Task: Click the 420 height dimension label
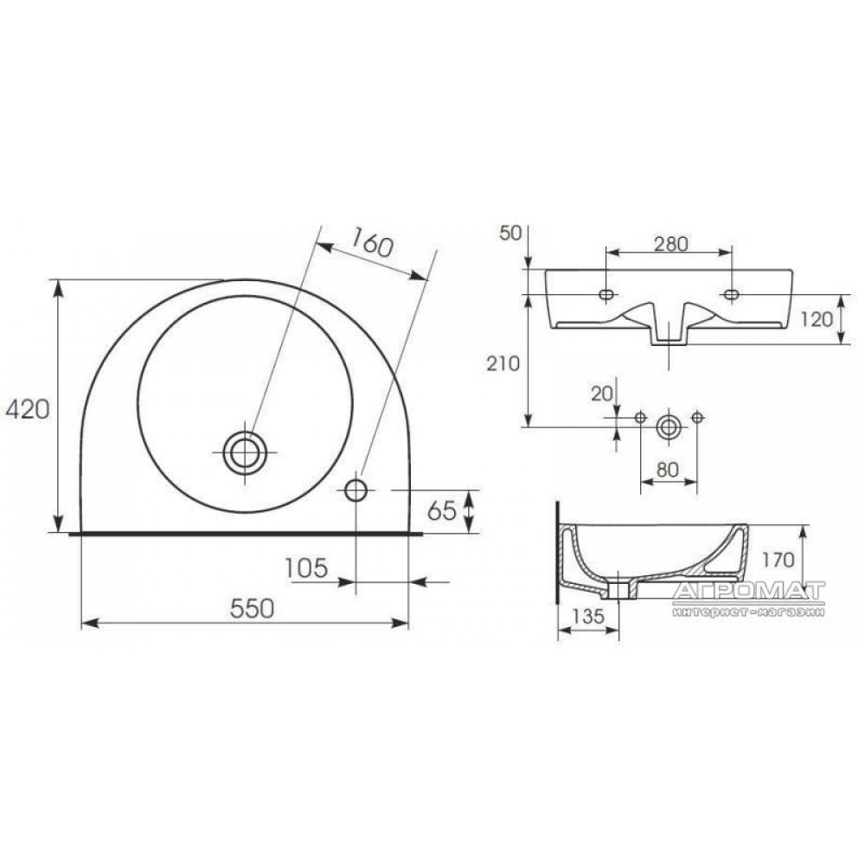coord(28,409)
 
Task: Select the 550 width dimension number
coord(252,608)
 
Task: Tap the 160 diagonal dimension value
coord(371,243)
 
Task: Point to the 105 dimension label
coord(307,567)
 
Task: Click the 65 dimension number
coord(442,511)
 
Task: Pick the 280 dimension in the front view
coord(671,243)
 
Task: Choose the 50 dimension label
coord(510,233)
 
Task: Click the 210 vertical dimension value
coord(503,363)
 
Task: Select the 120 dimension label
coord(816,319)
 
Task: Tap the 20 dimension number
coord(602,394)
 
